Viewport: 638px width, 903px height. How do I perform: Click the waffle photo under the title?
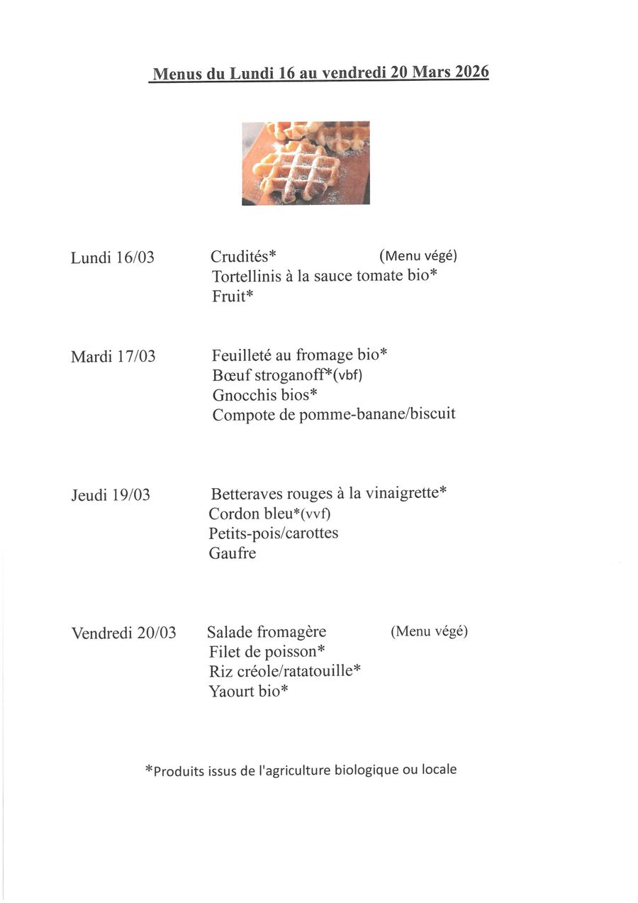pyautogui.click(x=306, y=163)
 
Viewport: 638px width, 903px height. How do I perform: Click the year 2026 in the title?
pyautogui.click(x=471, y=72)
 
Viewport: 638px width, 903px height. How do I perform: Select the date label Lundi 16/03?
pyautogui.click(x=112, y=257)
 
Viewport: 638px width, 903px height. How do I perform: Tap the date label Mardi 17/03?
pyautogui.click(x=113, y=356)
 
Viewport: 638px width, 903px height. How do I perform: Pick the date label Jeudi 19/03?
pyautogui.click(x=111, y=494)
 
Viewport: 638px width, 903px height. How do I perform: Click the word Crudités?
pyautogui.click(x=240, y=256)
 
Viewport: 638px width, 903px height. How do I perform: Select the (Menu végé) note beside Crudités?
pyautogui.click(x=418, y=255)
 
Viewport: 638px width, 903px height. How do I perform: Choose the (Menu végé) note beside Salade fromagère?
pyautogui.click(x=429, y=631)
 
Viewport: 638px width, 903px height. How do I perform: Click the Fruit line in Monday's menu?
pyautogui.click(x=232, y=297)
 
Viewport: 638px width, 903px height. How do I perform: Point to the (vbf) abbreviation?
pyautogui.click(x=348, y=375)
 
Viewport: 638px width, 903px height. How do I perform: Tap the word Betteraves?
pyautogui.click(x=244, y=493)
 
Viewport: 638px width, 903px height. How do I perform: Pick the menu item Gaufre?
pyautogui.click(x=233, y=553)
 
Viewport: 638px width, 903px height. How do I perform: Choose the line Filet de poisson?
pyautogui.click(x=267, y=651)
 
